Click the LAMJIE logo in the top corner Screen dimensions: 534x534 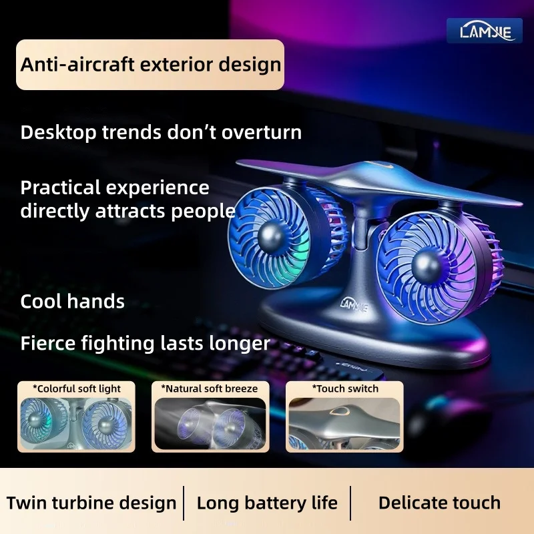(x=485, y=31)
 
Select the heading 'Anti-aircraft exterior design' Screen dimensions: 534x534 (x=150, y=65)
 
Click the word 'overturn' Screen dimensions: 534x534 (x=261, y=132)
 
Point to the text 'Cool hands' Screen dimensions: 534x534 (x=72, y=301)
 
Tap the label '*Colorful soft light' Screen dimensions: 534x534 (x=77, y=388)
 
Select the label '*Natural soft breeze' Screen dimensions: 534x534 (x=209, y=388)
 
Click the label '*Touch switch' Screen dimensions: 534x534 (x=344, y=388)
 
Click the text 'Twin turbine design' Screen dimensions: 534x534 (x=91, y=503)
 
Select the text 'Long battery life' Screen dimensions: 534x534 (x=267, y=503)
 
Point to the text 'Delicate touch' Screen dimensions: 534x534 (x=439, y=503)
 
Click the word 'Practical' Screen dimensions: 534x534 (x=61, y=187)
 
